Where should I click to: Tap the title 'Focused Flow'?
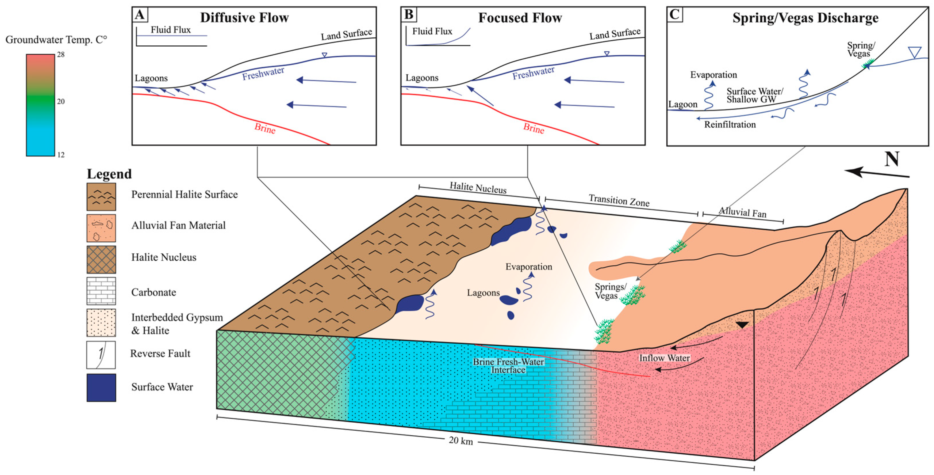tap(520, 18)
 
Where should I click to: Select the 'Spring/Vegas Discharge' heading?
tap(805, 18)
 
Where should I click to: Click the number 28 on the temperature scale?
tap(61, 55)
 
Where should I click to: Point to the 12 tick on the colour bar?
tap(61, 155)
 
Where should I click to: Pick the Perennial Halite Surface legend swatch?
tap(101, 196)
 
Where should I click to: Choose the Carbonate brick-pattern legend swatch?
tap(101, 291)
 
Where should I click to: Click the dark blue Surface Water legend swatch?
tap(101, 388)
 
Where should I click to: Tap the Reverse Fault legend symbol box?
tap(101, 355)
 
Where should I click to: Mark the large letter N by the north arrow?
tap(892, 159)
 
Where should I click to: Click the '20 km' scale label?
tap(461, 440)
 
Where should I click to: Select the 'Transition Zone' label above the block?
tap(619, 200)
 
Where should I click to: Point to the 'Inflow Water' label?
tap(664, 358)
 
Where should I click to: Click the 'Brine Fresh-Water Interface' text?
tap(508, 366)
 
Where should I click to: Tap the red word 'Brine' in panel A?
tap(265, 128)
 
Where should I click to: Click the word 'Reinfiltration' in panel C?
tap(730, 125)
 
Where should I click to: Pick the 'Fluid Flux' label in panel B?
tap(432, 31)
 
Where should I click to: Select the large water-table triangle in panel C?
tap(915, 52)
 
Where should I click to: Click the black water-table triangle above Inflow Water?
tap(742, 325)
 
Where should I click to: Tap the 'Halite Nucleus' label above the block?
tap(478, 187)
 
